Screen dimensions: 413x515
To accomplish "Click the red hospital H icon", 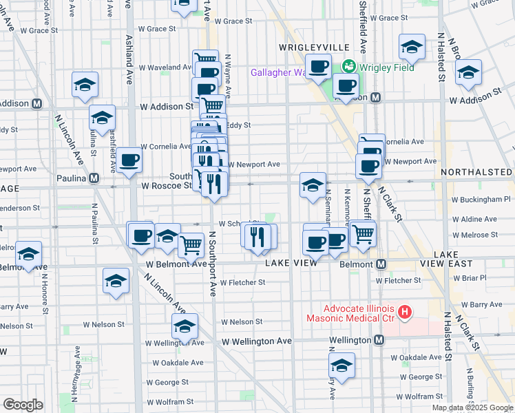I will [405, 313].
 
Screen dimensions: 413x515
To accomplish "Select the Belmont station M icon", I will [379, 264].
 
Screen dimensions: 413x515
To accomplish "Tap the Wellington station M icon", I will [379, 340].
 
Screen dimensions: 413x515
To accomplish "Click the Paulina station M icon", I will [94, 178].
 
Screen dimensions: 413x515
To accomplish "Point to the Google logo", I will [23, 405].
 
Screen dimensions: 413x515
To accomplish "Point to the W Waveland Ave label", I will [166, 67].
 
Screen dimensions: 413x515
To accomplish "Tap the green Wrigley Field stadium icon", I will [349, 66].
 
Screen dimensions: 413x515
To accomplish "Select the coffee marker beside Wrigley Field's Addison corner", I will [346, 86].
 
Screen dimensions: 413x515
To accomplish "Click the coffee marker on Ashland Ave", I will [129, 161].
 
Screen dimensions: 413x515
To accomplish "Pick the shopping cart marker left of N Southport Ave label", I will [191, 244].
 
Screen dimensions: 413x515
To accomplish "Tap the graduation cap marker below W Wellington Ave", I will [341, 366].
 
